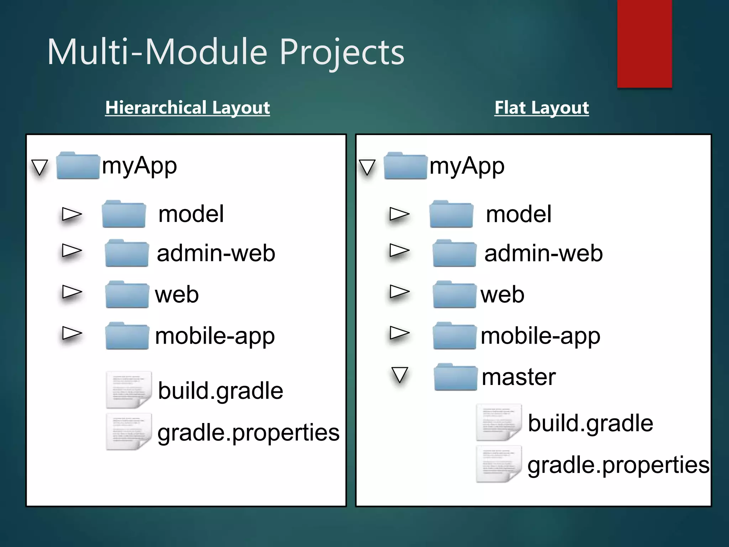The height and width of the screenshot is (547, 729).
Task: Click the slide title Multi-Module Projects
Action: pos(226,52)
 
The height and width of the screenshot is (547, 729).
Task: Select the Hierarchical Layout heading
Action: pos(188,108)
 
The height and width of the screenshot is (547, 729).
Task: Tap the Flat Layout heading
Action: pos(541,108)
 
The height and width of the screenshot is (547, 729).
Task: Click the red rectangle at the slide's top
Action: pos(644,43)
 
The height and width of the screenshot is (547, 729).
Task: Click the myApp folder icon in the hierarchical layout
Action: pos(78,166)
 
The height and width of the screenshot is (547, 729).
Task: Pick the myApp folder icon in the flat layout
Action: pos(405,166)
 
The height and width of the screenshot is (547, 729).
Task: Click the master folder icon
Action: pos(456,377)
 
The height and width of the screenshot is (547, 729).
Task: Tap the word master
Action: pos(518,377)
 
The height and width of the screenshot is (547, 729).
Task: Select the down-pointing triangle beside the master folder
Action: pos(399,375)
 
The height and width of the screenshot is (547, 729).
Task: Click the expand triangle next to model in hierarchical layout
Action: pos(72,214)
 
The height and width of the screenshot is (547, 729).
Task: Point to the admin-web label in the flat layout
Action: pos(543,254)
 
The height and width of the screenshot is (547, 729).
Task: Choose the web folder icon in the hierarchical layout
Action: pos(127,295)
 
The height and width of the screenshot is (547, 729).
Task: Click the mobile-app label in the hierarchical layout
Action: pos(215,336)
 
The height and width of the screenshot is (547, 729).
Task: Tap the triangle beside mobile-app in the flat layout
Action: pos(399,333)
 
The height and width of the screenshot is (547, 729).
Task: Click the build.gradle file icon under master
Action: pos(499,422)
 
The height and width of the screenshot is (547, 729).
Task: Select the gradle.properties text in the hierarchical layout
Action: pos(248,433)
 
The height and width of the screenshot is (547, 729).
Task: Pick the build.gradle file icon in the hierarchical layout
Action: pos(129,390)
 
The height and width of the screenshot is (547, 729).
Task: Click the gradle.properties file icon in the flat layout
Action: pos(499,464)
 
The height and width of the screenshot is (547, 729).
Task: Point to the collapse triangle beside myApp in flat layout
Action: pos(367,167)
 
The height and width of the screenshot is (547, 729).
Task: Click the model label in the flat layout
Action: pos(519,214)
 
